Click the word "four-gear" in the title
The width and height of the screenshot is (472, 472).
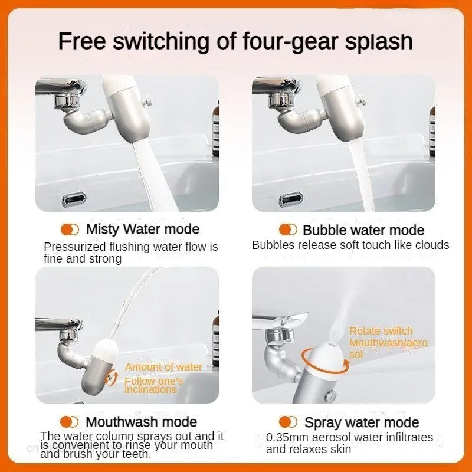[281, 42]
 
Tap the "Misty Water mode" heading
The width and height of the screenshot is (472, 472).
[143, 229]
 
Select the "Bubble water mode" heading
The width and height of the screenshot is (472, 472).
[363, 230]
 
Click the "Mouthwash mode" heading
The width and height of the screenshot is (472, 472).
[141, 422]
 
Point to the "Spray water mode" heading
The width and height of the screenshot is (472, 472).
[362, 422]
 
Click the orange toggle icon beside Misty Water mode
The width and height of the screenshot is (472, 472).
[70, 229]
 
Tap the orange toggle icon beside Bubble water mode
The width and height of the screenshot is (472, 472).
[288, 230]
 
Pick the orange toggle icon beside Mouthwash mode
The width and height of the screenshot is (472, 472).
[70, 421]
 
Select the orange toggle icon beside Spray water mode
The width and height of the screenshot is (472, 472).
[288, 422]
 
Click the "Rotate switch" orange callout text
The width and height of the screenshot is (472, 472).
[381, 331]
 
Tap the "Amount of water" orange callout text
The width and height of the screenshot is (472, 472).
[163, 367]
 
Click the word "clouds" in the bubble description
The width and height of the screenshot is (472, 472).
[432, 245]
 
